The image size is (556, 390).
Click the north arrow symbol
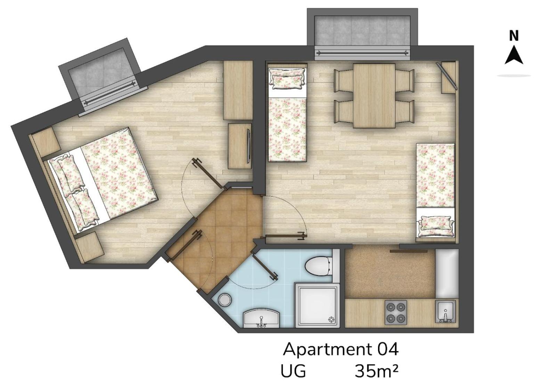514,56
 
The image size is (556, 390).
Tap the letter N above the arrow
514,36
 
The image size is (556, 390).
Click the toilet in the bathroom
319,266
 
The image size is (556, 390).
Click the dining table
374,96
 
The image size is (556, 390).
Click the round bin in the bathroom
225,300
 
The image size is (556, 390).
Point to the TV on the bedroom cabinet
249,146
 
